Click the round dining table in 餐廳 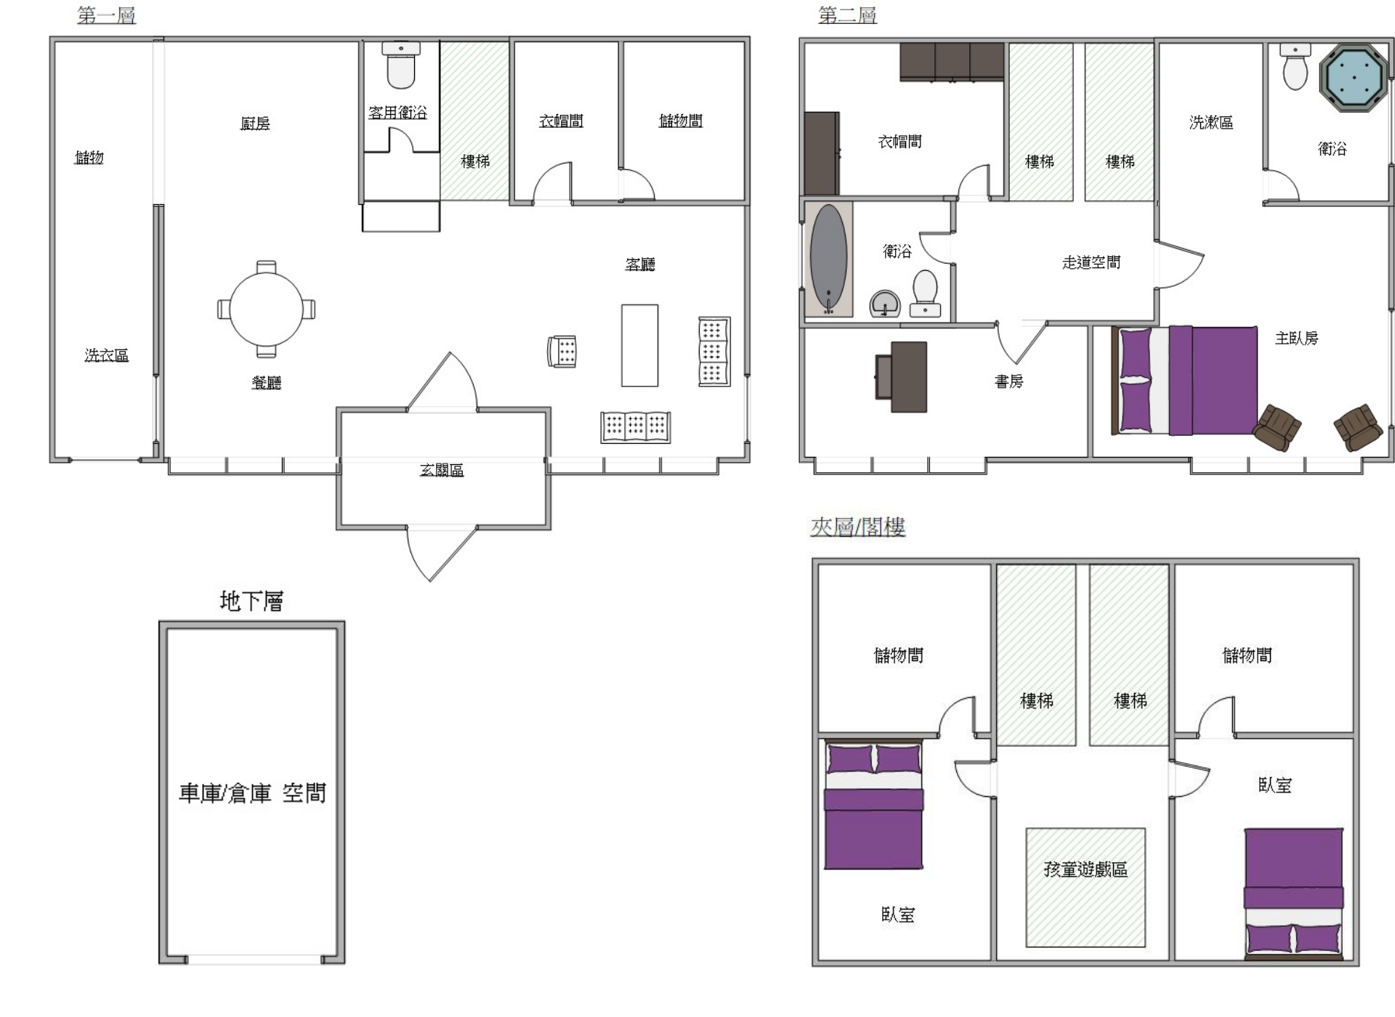coord(266,309)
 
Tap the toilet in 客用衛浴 coord(400,65)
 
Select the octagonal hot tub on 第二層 coord(1354,78)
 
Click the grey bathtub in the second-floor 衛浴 coord(828,259)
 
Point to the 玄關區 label coord(442,470)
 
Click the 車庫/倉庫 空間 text coord(252,793)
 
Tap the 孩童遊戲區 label coord(1085,869)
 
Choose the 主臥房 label coord(1296,338)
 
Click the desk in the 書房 coord(901,377)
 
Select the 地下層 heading coord(251,601)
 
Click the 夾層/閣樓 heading coord(857,526)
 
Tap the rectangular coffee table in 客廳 coord(639,345)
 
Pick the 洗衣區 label coord(106,354)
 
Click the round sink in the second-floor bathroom coord(885,304)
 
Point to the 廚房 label coord(255,123)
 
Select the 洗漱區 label coord(1211,122)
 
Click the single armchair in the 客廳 coord(562,352)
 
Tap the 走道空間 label coord(1091,262)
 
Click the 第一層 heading coord(106,15)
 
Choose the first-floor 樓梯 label coord(475,161)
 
